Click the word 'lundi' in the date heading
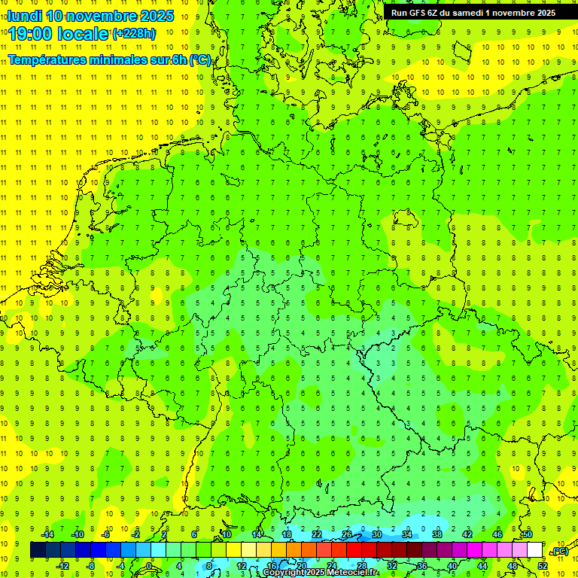24,16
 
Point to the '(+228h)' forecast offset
134,33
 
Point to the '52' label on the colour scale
543,565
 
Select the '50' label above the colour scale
528,534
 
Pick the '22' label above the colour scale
317,534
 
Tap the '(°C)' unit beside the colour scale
560,551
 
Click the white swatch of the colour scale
534,550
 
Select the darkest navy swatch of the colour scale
38,550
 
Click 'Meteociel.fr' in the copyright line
352,573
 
